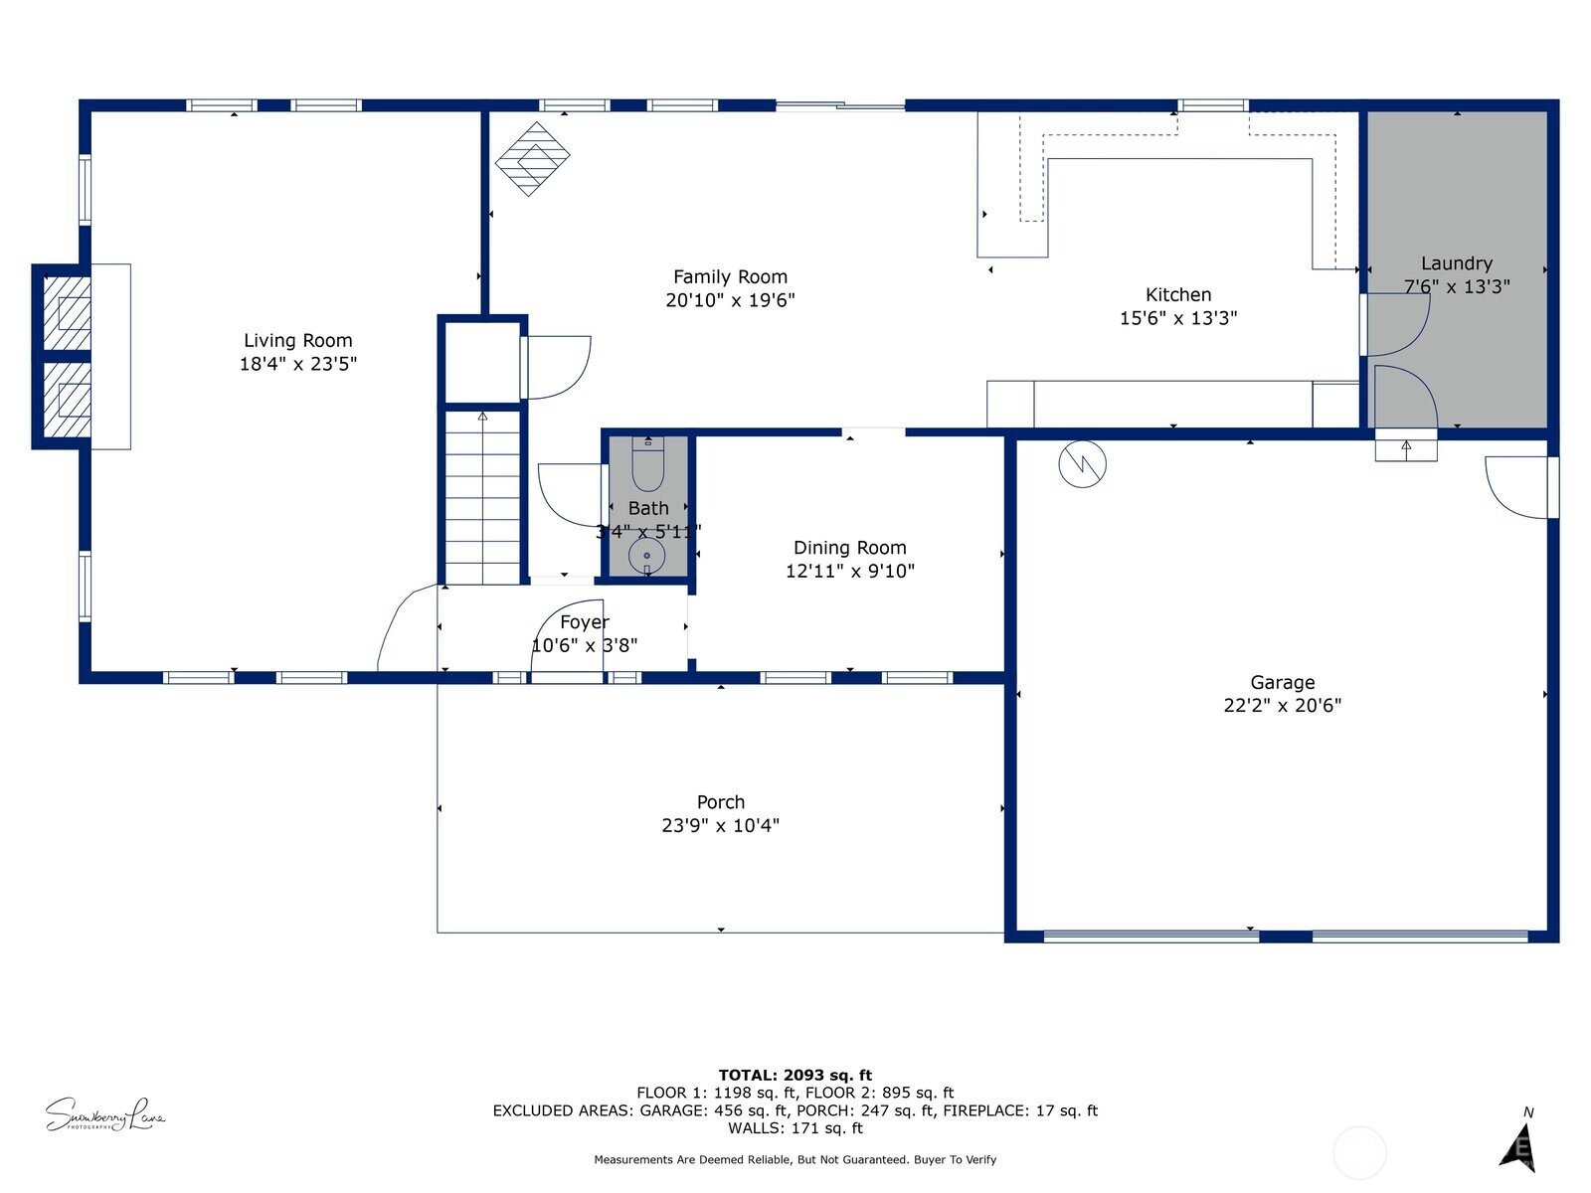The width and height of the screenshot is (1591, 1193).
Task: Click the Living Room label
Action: point(297,341)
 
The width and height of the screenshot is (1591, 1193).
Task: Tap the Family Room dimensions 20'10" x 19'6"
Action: point(730,300)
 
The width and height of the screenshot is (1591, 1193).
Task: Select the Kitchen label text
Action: point(1178,295)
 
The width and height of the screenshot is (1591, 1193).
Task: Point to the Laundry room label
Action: point(1456,263)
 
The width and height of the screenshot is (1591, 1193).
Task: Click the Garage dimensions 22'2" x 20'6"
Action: point(1282,706)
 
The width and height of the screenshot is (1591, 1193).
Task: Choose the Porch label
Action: point(720,802)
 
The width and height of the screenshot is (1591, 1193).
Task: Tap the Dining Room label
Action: point(849,548)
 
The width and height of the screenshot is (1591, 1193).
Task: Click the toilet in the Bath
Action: point(647,467)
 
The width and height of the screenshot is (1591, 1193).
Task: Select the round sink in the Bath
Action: point(646,556)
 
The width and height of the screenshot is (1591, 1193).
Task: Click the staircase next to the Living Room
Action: point(482,497)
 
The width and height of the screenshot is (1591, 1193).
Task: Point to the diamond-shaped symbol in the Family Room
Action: point(533,158)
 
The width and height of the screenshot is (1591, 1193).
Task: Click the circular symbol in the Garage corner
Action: point(1082,463)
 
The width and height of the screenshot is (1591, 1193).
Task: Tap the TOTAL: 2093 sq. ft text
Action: point(795,1075)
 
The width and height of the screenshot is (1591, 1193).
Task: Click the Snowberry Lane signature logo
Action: point(104,1114)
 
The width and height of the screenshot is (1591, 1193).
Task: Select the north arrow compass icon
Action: point(1519,1145)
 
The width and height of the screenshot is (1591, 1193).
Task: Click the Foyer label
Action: point(584,622)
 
